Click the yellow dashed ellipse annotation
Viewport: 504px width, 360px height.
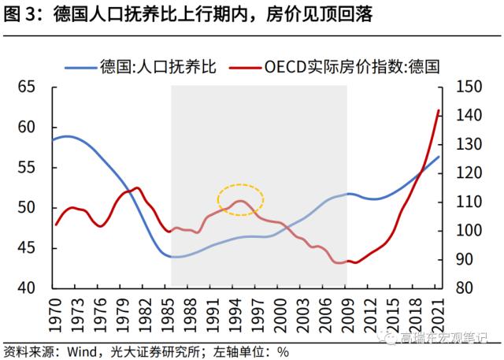click(240, 200)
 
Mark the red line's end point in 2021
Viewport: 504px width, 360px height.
click(439, 110)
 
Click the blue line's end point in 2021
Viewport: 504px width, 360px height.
click(439, 157)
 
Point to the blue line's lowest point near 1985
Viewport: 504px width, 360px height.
click(171, 257)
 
